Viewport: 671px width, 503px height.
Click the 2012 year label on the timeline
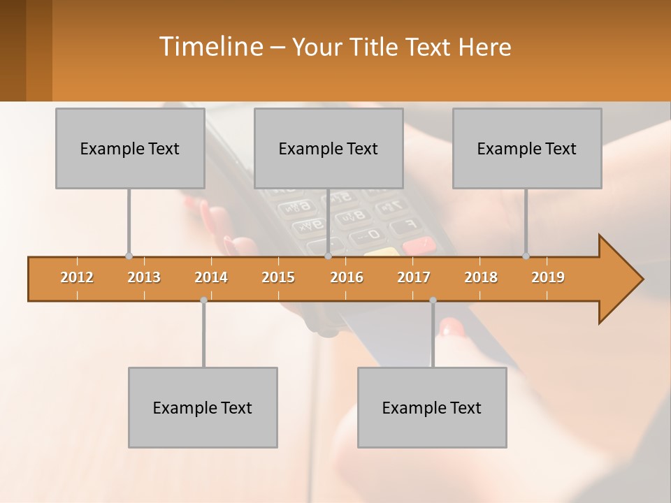coord(77,277)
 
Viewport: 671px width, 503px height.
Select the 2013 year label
coord(144,277)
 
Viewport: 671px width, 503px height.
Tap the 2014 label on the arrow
coord(211,277)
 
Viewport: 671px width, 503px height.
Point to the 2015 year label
coord(278,277)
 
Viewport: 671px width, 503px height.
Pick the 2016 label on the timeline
coord(347,277)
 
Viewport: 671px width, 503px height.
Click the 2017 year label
coord(414,277)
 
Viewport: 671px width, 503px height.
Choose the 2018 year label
coord(481,277)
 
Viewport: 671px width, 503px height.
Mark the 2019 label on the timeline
coord(548,277)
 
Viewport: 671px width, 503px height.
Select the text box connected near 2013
coord(130,148)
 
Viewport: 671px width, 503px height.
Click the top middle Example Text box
coord(329,148)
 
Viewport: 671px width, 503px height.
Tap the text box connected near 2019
coord(527,148)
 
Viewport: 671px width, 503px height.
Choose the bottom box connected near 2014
coord(203,407)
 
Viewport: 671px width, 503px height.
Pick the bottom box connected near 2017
coord(432,407)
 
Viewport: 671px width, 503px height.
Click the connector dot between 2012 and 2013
coord(129,256)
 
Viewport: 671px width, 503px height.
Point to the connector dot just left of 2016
coord(328,256)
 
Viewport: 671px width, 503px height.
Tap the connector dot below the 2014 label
coord(203,300)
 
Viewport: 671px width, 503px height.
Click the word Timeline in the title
coord(210,47)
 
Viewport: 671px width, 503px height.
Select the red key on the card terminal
coord(418,245)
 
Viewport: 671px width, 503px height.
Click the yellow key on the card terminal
coord(382,251)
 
